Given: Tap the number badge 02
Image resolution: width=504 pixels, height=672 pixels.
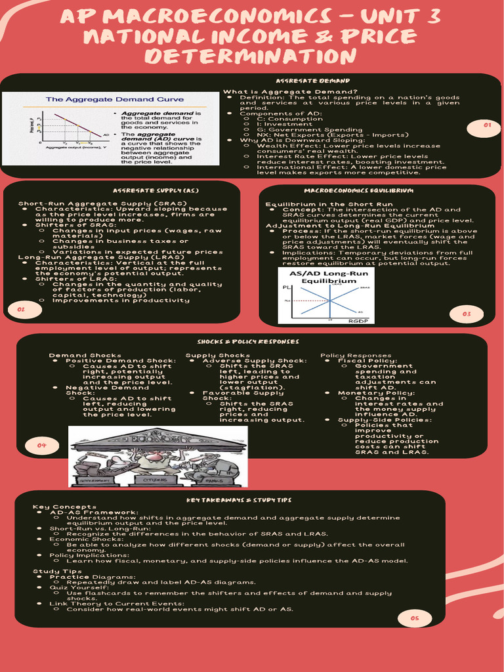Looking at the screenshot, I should [20, 309].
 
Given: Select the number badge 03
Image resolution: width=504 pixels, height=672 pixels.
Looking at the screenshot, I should [467, 314].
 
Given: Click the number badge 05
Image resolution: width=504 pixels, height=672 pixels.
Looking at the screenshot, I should [415, 618].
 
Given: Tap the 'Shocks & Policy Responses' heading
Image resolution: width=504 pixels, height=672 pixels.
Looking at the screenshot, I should [248, 342].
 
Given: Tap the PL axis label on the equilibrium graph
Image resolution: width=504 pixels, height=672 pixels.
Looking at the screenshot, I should [287, 288].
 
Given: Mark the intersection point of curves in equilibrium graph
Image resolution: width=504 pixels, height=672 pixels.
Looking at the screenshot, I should [331, 301].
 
